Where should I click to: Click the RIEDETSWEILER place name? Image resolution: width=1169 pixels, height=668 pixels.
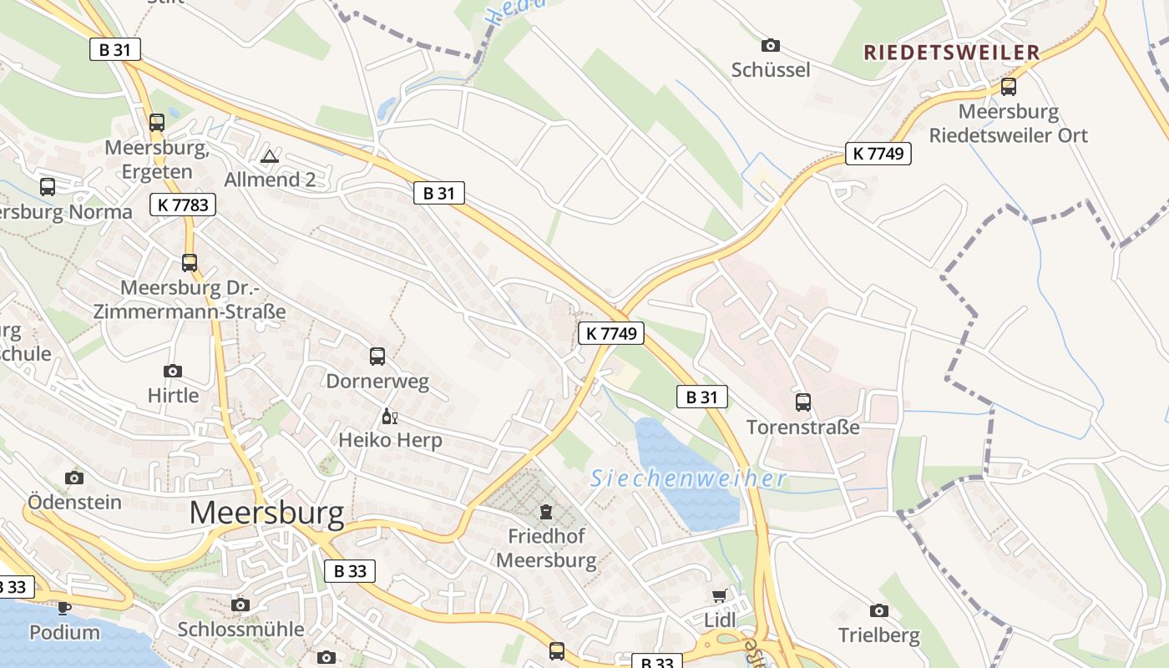952,53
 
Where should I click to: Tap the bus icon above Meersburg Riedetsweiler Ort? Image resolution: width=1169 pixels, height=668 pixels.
1009,87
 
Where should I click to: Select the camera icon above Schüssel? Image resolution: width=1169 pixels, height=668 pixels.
771,45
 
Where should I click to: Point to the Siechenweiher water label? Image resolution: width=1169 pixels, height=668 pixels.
688,478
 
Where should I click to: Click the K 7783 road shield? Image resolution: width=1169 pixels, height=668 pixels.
184,205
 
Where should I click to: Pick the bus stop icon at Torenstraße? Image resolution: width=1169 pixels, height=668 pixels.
803,402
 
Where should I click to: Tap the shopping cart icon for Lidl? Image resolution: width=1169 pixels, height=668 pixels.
720,595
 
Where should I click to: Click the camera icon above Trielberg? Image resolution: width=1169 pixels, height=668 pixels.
878,610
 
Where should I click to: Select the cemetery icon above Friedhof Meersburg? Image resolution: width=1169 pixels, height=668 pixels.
546,511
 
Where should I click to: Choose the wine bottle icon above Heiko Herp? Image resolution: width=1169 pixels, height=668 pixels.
389,416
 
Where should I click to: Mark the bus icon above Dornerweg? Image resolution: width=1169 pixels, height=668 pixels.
377,357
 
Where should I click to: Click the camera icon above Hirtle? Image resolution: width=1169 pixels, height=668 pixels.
173,371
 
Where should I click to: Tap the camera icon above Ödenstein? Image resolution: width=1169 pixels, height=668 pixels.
74,478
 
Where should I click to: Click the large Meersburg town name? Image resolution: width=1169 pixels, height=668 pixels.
266,513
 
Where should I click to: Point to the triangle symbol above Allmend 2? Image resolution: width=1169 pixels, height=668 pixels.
269,156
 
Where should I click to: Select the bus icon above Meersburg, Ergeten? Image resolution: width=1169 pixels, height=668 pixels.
157,123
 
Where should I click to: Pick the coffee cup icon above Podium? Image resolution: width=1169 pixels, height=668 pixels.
64,607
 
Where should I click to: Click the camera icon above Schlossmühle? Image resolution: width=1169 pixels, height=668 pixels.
240,605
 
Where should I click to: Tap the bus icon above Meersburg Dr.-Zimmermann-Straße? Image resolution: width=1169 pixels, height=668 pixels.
190,263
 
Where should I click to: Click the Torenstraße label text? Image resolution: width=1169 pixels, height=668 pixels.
802,428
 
